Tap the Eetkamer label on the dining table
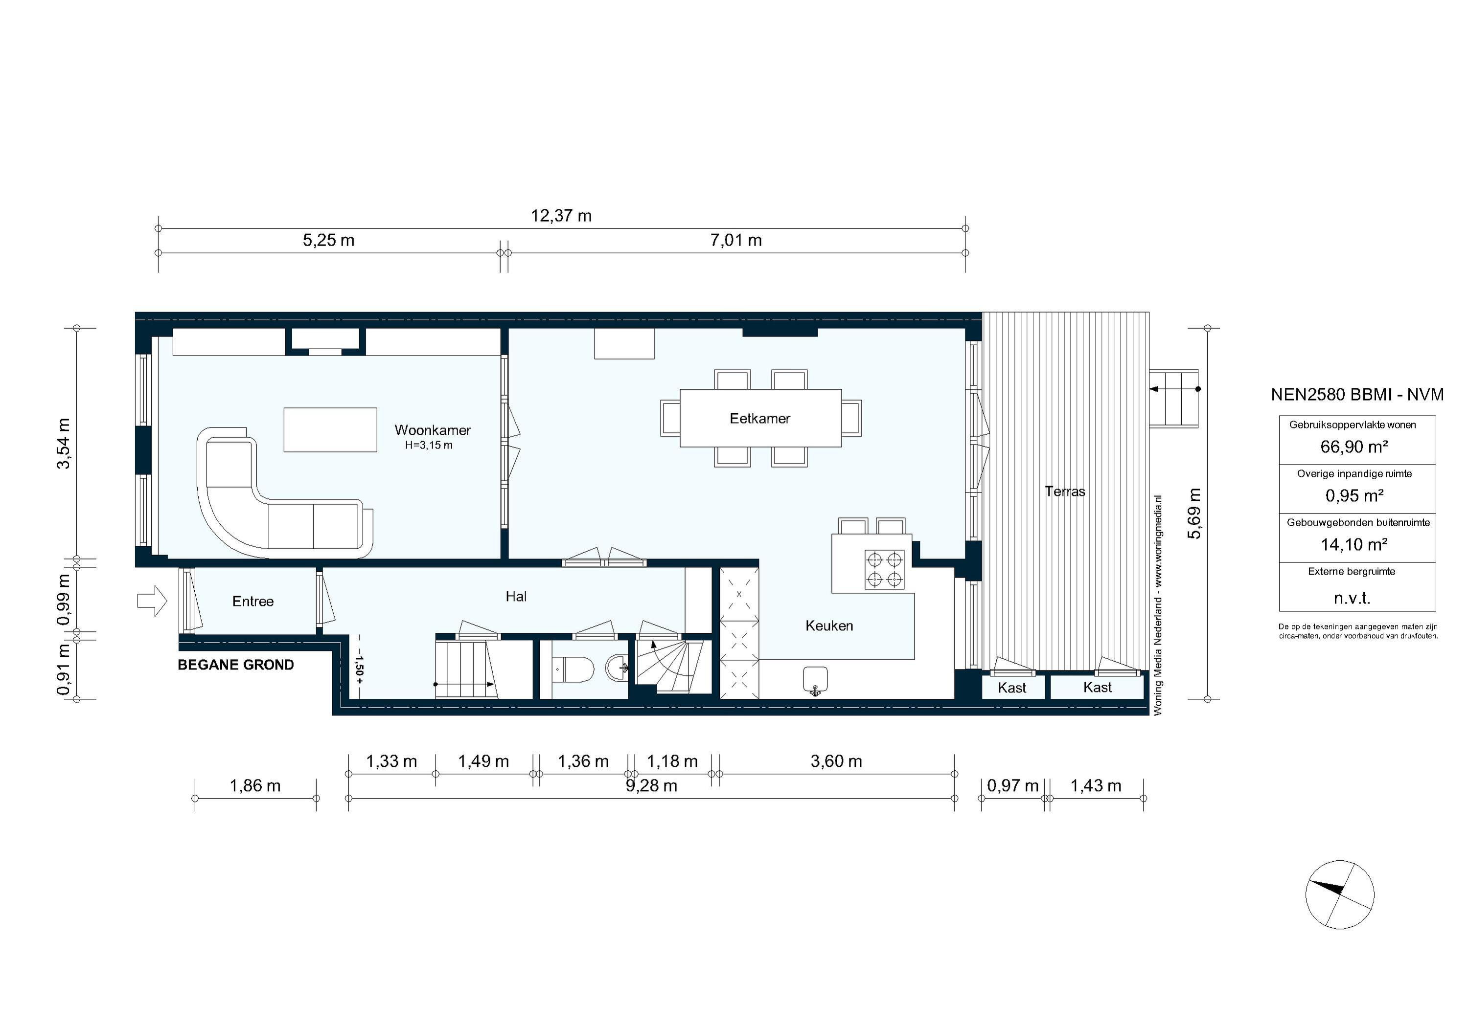(x=759, y=419)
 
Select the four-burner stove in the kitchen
(x=885, y=569)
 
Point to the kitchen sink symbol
(x=815, y=680)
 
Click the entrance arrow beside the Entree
(x=152, y=602)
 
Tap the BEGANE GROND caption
(x=235, y=665)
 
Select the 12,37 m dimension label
(x=561, y=216)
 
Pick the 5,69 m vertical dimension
(x=1193, y=513)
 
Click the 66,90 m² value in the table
(x=1353, y=447)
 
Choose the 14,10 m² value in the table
(x=1353, y=544)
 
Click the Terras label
(x=1065, y=491)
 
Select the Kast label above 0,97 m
(x=1011, y=688)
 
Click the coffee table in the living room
(x=330, y=429)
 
